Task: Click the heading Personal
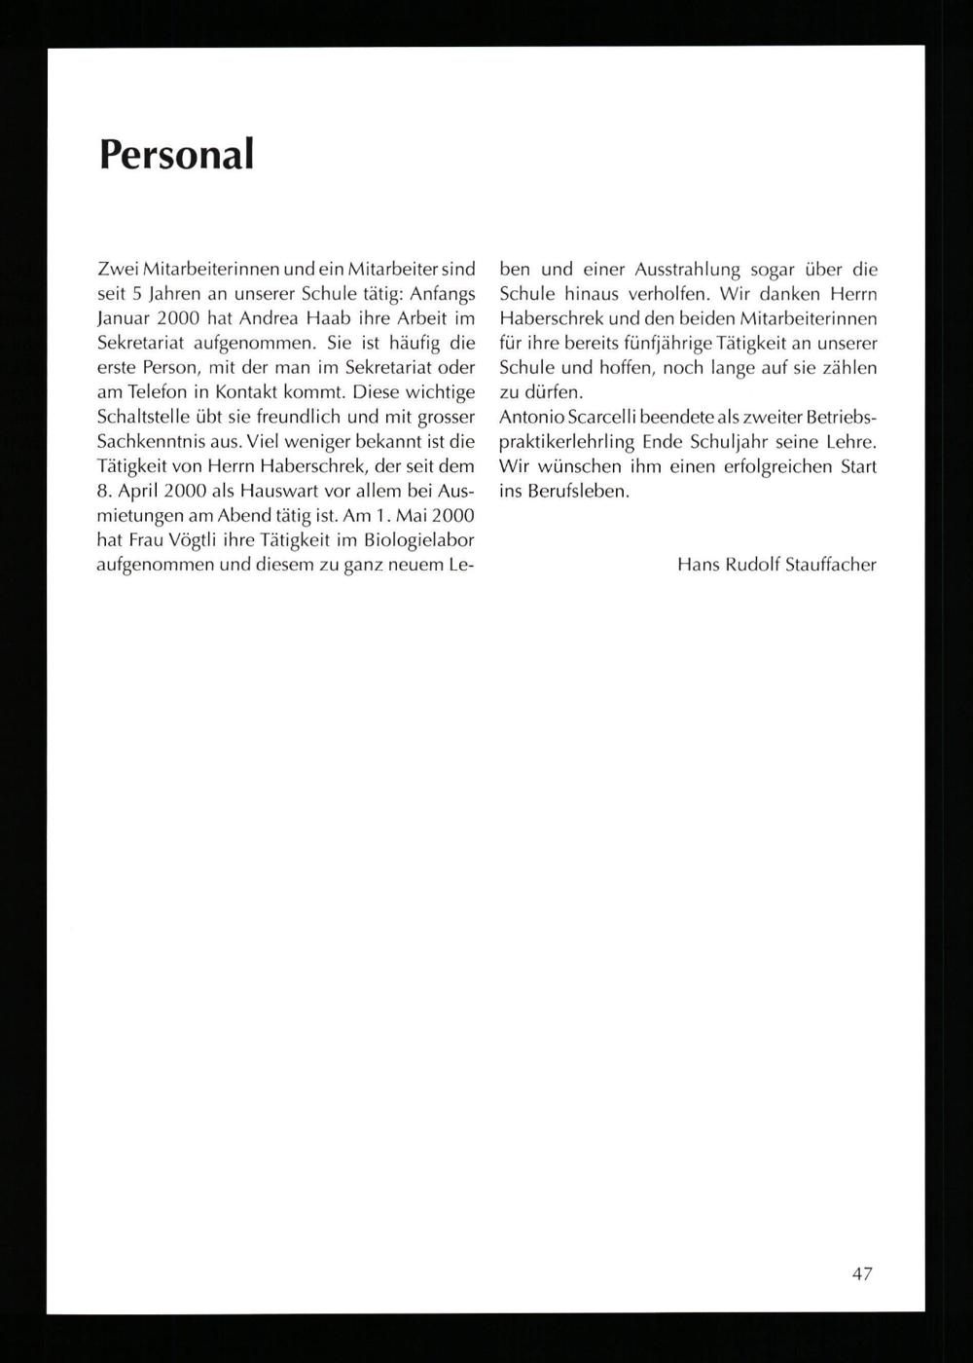coord(176,154)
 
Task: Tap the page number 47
coord(861,1273)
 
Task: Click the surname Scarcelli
coord(608,417)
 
